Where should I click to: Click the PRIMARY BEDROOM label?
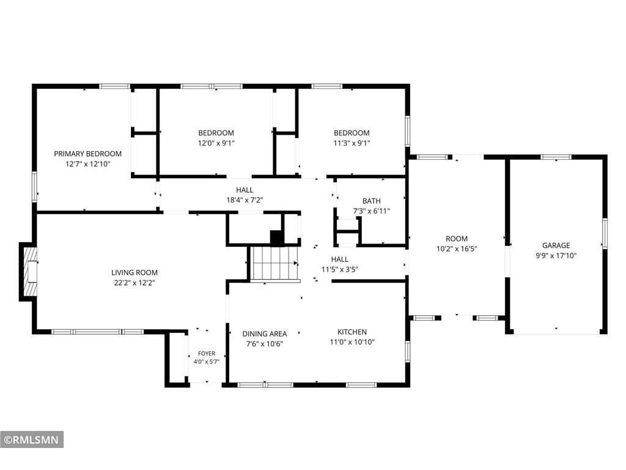(88, 154)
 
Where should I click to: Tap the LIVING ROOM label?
(134, 272)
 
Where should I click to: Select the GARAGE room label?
(556, 245)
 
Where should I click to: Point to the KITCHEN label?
(352, 332)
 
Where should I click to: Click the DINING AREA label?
(265, 334)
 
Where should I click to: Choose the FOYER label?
(207, 353)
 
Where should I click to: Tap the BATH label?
(372, 201)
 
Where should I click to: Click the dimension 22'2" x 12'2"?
(134, 283)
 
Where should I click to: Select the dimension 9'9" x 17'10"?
(556, 256)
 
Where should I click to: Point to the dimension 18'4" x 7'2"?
(245, 200)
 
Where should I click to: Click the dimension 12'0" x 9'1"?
(216, 143)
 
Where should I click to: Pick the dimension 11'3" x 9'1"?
(352, 143)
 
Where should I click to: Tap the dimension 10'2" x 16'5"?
(457, 249)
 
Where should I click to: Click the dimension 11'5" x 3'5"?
(340, 269)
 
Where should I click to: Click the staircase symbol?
(274, 264)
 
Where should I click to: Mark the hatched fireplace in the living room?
(31, 271)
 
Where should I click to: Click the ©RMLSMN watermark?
(32, 440)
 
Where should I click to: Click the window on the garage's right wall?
(605, 233)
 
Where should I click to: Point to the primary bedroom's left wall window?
(34, 187)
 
